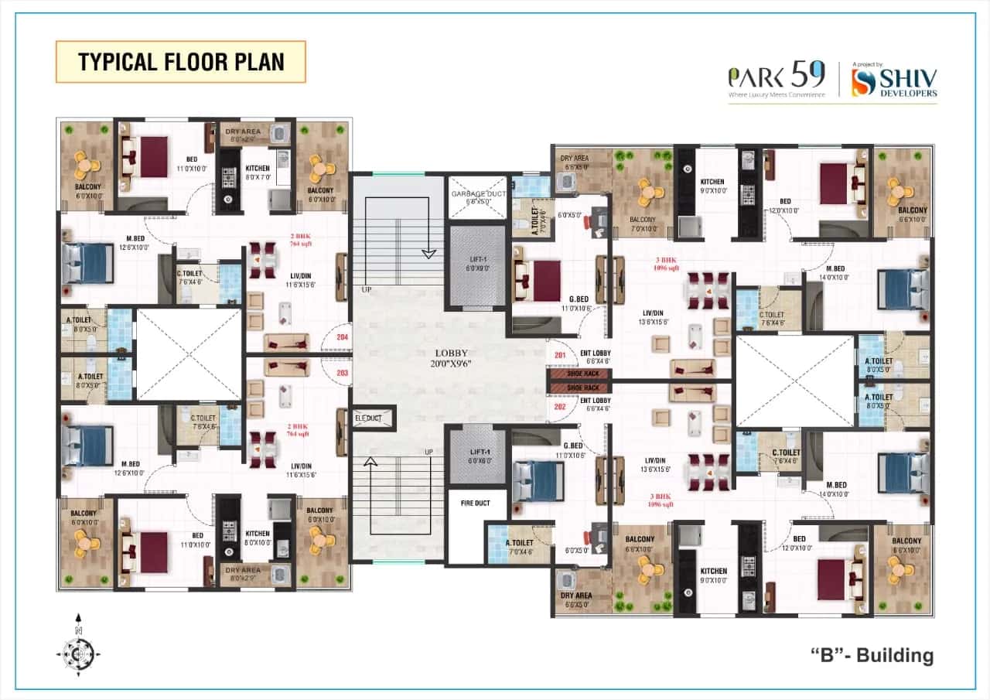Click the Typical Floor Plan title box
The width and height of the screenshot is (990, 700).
(180, 62)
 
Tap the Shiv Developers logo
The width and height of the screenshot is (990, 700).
(894, 83)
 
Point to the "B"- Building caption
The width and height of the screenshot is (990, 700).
(872, 656)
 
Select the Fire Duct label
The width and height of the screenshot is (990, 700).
(476, 504)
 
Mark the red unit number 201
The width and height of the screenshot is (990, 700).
(559, 355)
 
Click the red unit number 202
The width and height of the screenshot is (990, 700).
(559, 405)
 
